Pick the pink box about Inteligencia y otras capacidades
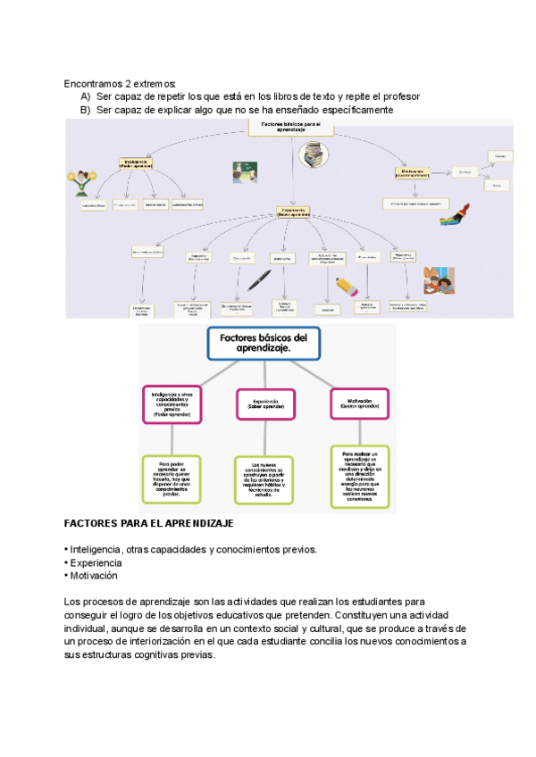coord(171,404)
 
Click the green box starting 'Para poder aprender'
coord(172,479)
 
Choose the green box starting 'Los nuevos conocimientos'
coord(264,480)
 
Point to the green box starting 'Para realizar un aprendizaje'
coord(360,476)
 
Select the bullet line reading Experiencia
coord(96,562)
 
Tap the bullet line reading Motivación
coord(93,576)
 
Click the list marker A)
coord(86,96)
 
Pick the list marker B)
coord(86,110)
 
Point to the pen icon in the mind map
coord(259,280)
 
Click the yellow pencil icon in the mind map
coord(346,286)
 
